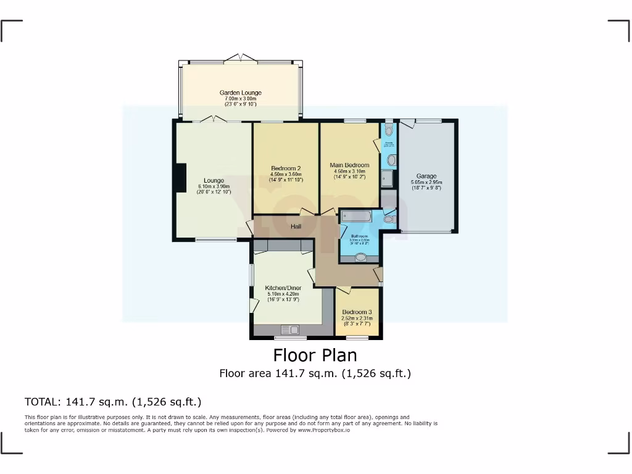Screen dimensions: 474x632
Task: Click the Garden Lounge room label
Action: point(241,93)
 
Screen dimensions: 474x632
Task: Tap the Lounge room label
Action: point(214,180)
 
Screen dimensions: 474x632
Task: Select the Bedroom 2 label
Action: point(286,168)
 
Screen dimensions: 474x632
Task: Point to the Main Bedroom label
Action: point(349,165)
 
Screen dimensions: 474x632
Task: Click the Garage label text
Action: point(426,176)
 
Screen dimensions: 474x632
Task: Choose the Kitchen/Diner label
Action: point(283,288)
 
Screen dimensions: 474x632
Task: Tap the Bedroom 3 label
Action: point(357,312)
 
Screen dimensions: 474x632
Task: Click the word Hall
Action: point(296,227)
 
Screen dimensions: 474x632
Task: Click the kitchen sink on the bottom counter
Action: point(289,330)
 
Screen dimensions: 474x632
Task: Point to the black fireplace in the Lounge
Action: point(181,178)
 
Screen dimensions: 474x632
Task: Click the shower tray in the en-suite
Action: point(387,178)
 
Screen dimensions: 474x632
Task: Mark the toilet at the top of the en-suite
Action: point(388,130)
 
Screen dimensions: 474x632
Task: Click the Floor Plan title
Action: point(315,355)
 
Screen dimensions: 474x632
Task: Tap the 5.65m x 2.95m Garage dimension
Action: point(426,183)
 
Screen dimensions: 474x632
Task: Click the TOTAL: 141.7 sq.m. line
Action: point(113,402)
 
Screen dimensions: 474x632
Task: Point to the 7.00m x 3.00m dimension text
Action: point(241,99)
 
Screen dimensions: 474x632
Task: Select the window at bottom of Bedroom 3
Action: point(357,337)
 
